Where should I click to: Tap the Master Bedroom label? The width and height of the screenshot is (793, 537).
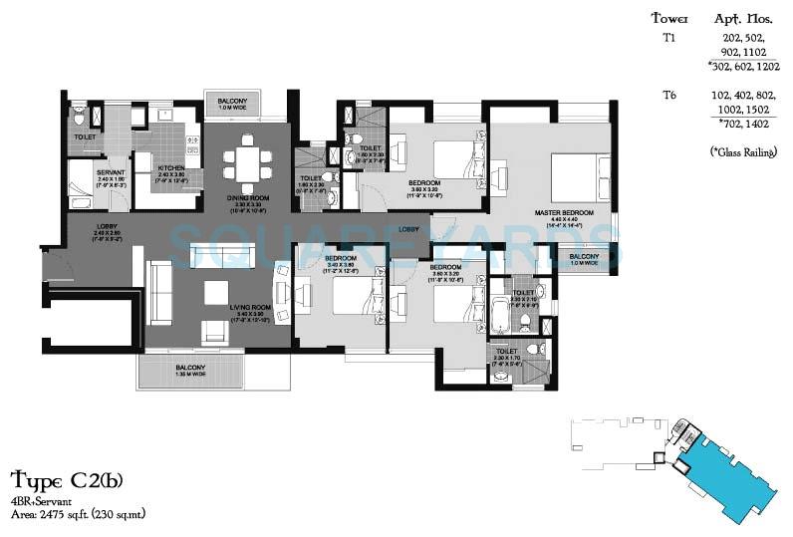564,213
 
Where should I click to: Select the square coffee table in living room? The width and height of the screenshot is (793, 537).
217,292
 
